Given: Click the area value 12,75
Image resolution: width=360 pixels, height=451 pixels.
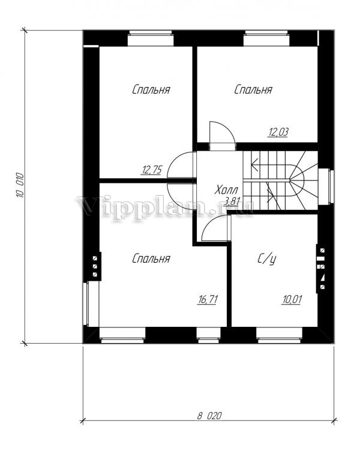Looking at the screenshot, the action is tap(151, 170).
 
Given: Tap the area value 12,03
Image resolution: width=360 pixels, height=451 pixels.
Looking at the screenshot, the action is tap(278, 132).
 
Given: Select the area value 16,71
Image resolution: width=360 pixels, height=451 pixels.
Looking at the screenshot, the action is tap(208, 299).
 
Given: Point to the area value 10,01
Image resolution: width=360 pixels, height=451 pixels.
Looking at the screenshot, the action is tap(292, 299).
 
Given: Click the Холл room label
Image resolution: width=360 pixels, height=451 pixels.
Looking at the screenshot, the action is tap(226, 190).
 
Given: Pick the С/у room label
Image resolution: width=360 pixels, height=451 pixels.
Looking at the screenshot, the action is tap(266, 259).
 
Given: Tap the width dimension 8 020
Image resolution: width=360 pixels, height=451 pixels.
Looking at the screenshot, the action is tap(209, 416).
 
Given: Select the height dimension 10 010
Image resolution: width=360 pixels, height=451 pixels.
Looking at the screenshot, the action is tap(20, 185).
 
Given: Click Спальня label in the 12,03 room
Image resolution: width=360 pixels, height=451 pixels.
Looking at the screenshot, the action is tap(253, 89).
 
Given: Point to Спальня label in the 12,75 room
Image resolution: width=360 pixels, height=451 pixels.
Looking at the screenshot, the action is tap(151, 89).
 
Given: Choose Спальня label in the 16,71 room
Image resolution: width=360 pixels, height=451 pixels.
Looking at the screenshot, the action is tap(151, 258).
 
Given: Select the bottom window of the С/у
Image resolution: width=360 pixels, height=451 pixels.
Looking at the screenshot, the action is tap(279, 335).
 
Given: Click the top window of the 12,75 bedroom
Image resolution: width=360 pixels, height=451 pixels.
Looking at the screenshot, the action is tap(151, 38).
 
